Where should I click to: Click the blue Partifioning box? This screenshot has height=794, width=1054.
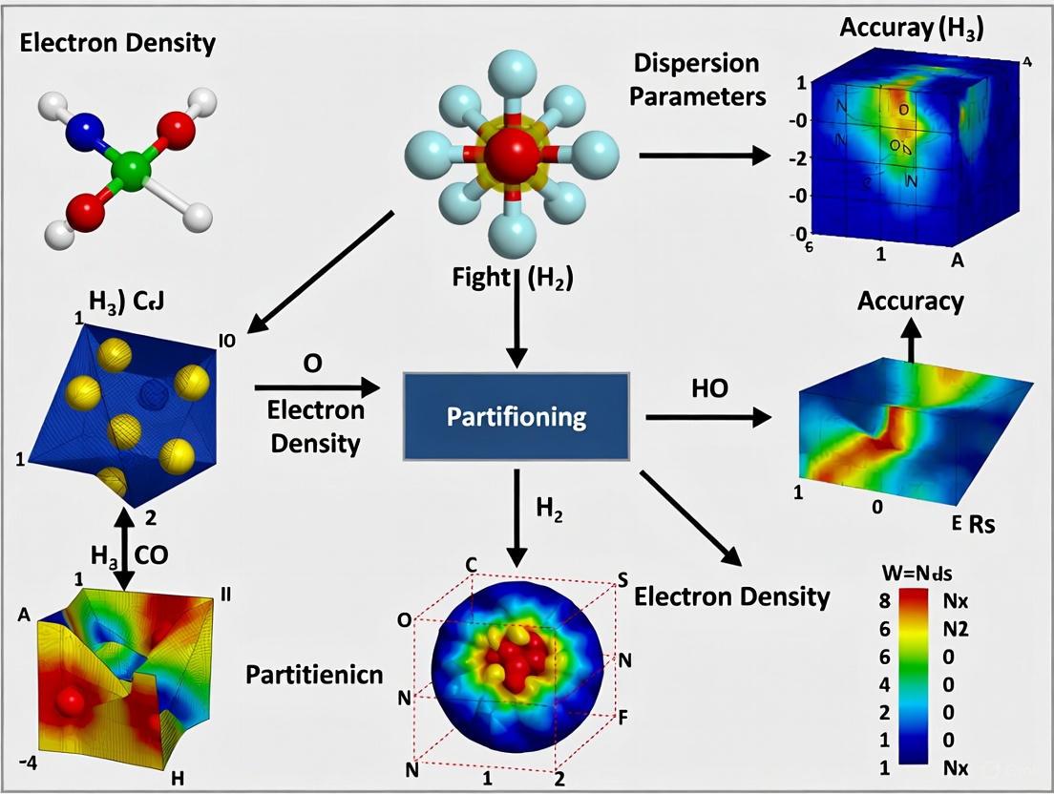tap(516, 418)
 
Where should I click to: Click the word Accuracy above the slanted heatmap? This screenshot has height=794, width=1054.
tap(910, 302)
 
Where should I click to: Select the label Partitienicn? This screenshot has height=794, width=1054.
tap(314, 675)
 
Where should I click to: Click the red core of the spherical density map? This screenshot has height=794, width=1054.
tap(516, 655)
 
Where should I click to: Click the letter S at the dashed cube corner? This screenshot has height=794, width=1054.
tap(622, 581)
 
